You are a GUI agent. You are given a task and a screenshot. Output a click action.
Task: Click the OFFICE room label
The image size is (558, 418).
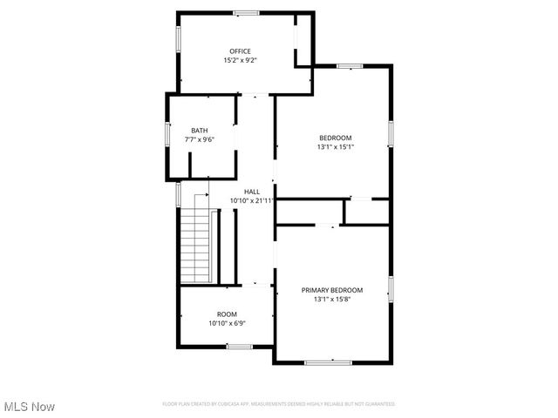[x=240, y=51]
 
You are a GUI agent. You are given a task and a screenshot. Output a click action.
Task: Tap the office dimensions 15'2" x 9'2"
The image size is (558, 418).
[x=240, y=61]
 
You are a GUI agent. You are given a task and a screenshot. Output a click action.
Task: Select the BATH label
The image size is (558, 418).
[x=200, y=131]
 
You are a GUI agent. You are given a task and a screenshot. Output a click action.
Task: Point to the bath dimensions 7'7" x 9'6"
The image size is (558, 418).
[x=200, y=139]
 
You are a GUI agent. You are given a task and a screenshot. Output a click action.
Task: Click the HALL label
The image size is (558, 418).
[x=252, y=192]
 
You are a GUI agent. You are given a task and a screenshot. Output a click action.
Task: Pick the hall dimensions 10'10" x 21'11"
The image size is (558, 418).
[x=252, y=200]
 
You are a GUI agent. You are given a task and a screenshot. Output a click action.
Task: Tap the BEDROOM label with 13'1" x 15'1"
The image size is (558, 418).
[x=336, y=138]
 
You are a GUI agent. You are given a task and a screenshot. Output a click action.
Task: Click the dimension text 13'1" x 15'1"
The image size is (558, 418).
[x=336, y=147]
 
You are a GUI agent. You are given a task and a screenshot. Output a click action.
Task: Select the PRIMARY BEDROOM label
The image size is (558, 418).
[x=332, y=290]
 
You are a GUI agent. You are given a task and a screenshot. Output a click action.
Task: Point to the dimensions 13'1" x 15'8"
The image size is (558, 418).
[x=332, y=299]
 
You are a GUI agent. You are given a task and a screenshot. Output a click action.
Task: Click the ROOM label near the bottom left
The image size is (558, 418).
[x=227, y=314]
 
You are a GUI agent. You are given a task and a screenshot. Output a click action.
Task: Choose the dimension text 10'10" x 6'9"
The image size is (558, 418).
[x=227, y=323]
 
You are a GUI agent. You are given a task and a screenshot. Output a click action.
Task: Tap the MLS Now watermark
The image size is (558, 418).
[x=29, y=407]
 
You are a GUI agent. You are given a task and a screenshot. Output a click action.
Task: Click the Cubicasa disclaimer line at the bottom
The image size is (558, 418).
[x=279, y=404]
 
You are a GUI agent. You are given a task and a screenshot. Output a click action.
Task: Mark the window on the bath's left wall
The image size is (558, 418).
[x=168, y=135]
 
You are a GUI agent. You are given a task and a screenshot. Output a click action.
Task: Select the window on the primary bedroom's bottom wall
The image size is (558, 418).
[x=329, y=361]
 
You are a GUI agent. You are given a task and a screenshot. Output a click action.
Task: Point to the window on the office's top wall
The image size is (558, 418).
[x=246, y=13]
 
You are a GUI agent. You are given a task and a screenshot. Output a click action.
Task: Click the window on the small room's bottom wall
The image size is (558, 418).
[x=239, y=347]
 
